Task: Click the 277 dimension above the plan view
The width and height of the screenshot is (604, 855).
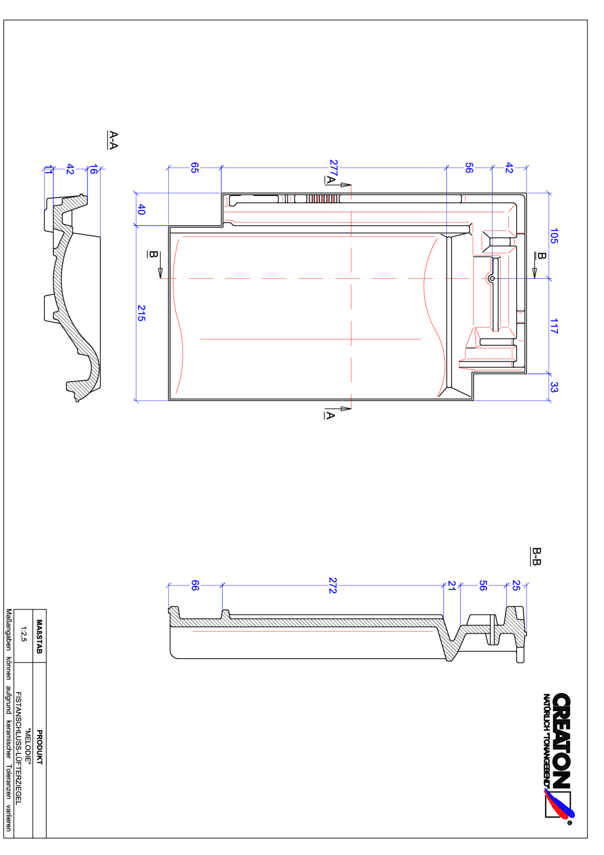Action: click(333, 168)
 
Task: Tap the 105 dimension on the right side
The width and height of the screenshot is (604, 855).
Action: click(554, 236)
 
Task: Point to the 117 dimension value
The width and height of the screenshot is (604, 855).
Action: click(554, 326)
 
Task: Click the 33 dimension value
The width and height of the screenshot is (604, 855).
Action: click(554, 387)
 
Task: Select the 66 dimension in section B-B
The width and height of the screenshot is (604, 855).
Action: click(195, 585)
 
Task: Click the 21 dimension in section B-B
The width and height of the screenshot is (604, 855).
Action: click(452, 585)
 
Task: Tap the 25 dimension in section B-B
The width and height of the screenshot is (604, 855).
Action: click(516, 585)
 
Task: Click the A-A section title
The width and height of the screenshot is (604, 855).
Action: click(113, 140)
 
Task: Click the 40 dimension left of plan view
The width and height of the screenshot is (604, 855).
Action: click(141, 209)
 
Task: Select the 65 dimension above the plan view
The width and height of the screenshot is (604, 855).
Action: click(194, 168)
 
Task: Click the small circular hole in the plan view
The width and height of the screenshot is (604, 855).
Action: click(492, 278)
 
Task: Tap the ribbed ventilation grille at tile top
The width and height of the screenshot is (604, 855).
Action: click(323, 198)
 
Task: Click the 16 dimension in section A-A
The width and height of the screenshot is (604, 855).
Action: click(93, 169)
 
